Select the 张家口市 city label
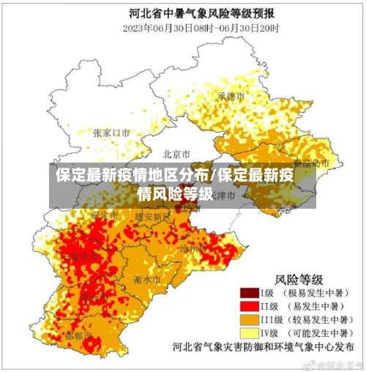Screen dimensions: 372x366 pos(111,133)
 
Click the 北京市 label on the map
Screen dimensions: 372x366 pos(176,155)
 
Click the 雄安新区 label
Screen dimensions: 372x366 pos(152,217)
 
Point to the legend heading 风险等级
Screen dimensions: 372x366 pos(299,278)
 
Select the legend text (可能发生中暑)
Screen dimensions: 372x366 pos(318,333)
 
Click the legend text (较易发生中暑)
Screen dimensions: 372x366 pos(318,320)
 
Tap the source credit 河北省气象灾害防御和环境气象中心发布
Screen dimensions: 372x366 pos(265,347)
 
